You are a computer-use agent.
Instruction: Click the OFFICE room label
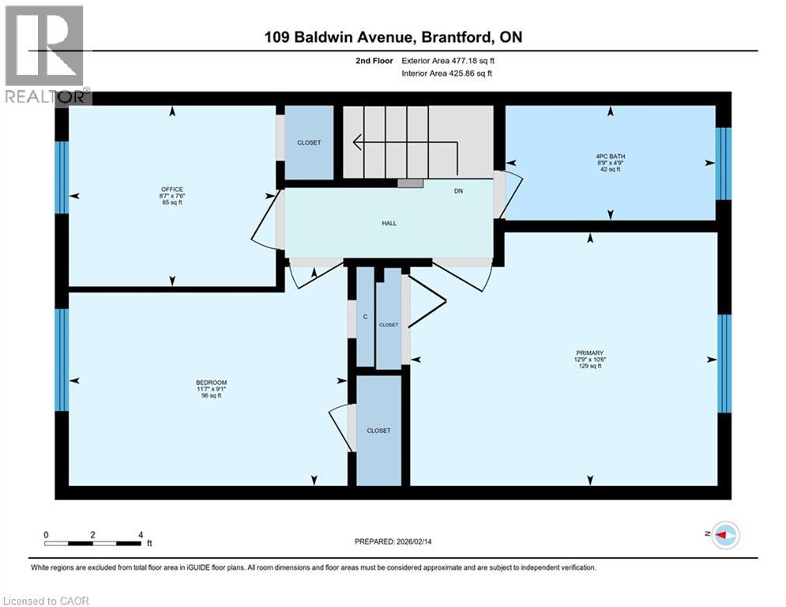tap(172, 189)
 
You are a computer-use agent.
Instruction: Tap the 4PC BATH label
tap(610, 156)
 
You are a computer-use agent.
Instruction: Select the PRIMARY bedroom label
tap(589, 353)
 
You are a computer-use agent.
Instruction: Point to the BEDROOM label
tap(211, 383)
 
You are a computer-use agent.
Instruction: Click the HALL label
tap(389, 223)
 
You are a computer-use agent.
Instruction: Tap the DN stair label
tap(458, 191)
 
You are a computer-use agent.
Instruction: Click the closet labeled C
tap(365, 317)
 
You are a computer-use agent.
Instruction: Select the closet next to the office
tap(309, 142)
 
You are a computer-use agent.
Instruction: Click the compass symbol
tap(725, 535)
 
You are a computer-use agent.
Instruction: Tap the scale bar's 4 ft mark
tap(141, 535)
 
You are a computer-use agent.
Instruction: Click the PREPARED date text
tap(393, 541)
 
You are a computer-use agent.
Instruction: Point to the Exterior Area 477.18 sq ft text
tap(448, 61)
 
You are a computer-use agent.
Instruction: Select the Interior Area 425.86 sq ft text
tap(446, 74)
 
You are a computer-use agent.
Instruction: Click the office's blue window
tap(62, 178)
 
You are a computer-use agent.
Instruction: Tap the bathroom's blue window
tap(724, 164)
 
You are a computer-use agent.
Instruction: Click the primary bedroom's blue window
tap(724, 364)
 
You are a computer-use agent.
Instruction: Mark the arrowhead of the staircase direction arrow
tap(354, 142)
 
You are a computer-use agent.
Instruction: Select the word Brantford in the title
tap(456, 37)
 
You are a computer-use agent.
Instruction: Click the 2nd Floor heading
tap(374, 61)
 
